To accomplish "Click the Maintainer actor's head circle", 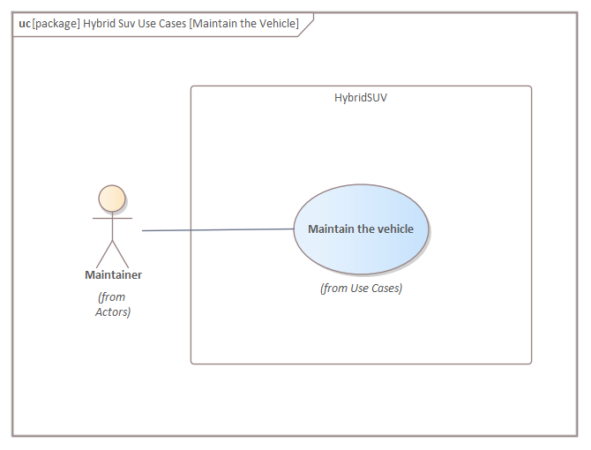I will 112,198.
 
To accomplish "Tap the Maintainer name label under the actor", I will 113,274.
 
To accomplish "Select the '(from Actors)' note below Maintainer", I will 113,304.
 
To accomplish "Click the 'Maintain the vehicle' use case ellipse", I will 361,229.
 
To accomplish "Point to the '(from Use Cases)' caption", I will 361,288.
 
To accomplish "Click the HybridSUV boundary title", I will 361,98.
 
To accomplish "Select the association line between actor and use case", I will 217,229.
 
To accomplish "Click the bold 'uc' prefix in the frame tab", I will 25,24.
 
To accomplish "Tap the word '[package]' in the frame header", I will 56,24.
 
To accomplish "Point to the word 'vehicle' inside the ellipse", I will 394,229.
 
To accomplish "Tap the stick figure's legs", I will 112,253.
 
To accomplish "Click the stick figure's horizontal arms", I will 112,217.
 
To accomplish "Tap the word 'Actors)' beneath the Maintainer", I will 113,311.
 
